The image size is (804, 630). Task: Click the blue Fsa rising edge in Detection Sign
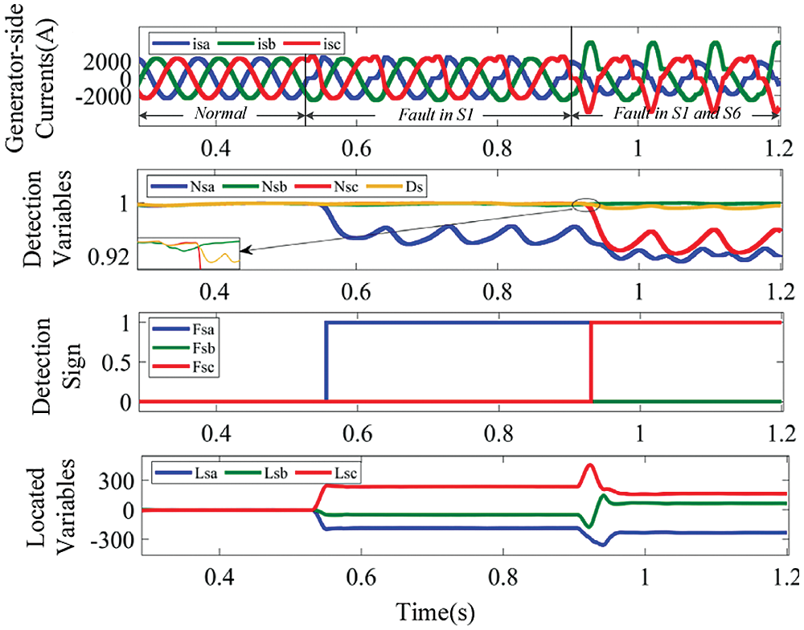326,362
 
